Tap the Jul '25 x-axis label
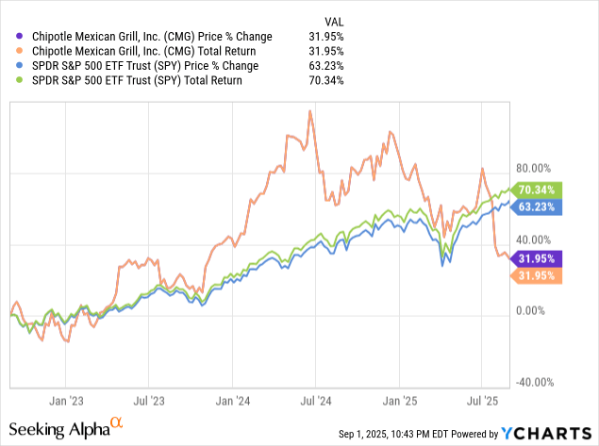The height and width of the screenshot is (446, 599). pos(483,400)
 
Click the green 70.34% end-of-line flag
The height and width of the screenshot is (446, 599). pos(538,190)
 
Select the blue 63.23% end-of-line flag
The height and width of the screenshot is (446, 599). pos(538,206)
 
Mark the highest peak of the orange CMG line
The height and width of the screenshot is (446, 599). pos(308,111)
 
